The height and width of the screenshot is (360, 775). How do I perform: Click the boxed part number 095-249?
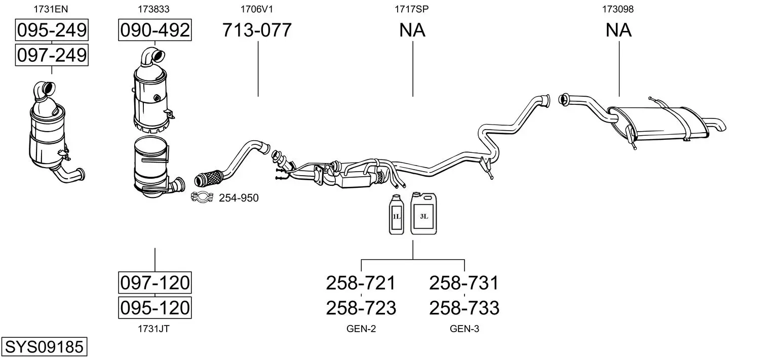52,30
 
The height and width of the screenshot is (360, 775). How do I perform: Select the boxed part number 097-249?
52,55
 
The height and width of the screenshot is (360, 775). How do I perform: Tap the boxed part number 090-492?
154,30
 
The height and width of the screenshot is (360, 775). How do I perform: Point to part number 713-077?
257,30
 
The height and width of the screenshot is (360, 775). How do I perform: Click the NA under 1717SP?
412,30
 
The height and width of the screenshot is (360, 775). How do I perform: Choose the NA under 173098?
618,30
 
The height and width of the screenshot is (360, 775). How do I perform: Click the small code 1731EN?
51,9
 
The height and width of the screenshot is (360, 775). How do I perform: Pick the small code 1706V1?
257,9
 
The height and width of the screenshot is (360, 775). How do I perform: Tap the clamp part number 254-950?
239,198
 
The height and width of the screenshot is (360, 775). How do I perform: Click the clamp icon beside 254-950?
202,197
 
